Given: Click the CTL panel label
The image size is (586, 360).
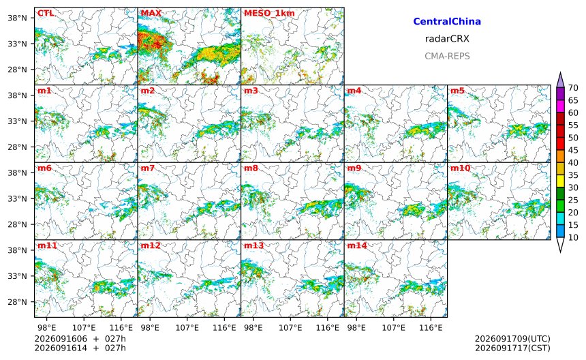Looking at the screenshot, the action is pos(46,13).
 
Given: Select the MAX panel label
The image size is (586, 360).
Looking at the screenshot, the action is pos(151,13).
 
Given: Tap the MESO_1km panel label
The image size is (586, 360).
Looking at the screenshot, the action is pos(269,14).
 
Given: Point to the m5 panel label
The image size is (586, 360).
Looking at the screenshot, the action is pos(457,91).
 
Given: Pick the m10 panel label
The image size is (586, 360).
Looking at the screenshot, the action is pos(460,168).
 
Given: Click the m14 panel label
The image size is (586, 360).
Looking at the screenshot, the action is pos(357,245).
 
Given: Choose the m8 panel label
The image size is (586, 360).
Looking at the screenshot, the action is pos(251,168).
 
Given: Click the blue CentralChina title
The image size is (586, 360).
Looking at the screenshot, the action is pos(447,21).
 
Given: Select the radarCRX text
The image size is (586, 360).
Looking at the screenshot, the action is pos(447,38).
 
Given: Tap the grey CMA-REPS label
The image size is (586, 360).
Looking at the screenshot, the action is pos(447,56).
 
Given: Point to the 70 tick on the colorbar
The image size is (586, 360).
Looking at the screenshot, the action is pos(573,88).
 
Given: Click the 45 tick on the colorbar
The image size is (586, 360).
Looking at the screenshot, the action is pos(573,150).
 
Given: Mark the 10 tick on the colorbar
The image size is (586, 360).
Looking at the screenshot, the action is pos(573,237).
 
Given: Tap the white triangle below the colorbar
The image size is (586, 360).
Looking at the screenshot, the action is pos(560,245).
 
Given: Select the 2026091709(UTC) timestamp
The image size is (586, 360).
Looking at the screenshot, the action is pos(512,339).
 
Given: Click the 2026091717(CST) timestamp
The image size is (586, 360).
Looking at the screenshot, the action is pos(512,348).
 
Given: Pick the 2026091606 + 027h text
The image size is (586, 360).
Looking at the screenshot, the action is pos(80,339).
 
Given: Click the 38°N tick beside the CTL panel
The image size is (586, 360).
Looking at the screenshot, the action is pos(18,18).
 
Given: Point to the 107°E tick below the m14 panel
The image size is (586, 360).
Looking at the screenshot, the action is pos(394,328).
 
